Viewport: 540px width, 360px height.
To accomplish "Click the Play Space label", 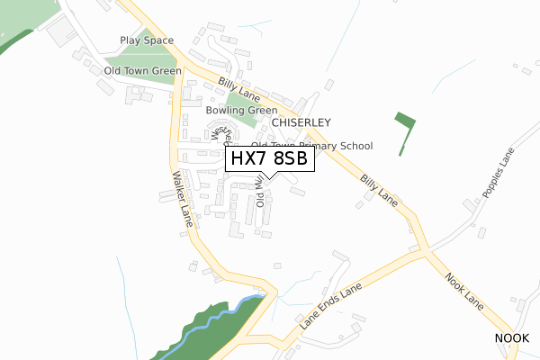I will tap(147, 40).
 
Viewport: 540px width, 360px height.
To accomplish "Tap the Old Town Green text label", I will tap(143, 70).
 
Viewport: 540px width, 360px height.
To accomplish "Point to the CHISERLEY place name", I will tap(301, 122).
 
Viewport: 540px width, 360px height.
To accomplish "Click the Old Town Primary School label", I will tap(311, 146).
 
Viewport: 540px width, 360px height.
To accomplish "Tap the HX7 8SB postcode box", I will tap(270, 159).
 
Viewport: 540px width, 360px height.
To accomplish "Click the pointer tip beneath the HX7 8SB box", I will tap(270, 177).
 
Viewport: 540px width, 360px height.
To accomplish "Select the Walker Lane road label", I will tap(178, 198).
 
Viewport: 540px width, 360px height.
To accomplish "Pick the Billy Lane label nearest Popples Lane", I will tap(379, 185).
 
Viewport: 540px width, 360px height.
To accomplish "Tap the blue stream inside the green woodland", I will tap(216, 315).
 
